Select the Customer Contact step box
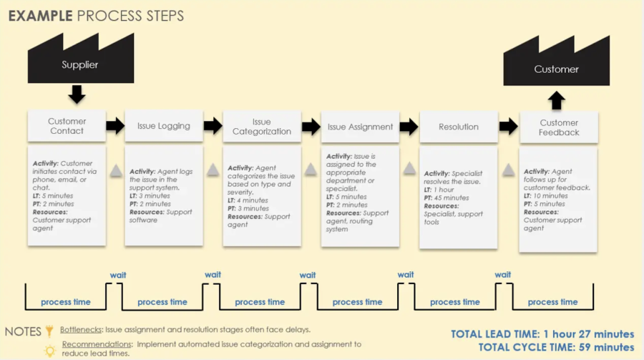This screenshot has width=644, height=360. point(67,126)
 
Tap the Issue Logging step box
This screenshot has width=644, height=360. point(164,126)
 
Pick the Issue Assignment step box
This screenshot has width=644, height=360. point(360,127)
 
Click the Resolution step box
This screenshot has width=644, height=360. point(458,127)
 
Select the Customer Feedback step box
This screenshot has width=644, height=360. point(559,127)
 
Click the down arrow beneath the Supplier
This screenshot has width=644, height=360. point(77,94)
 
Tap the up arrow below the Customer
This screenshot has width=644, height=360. point(557,99)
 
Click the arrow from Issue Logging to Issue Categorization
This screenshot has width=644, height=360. point(213,127)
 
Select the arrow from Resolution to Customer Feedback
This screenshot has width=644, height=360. point(507,127)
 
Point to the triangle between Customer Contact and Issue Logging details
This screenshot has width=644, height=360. point(115,170)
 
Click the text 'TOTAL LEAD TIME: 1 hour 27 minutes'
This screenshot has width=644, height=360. point(542,334)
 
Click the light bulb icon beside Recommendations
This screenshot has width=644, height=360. point(50,350)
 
